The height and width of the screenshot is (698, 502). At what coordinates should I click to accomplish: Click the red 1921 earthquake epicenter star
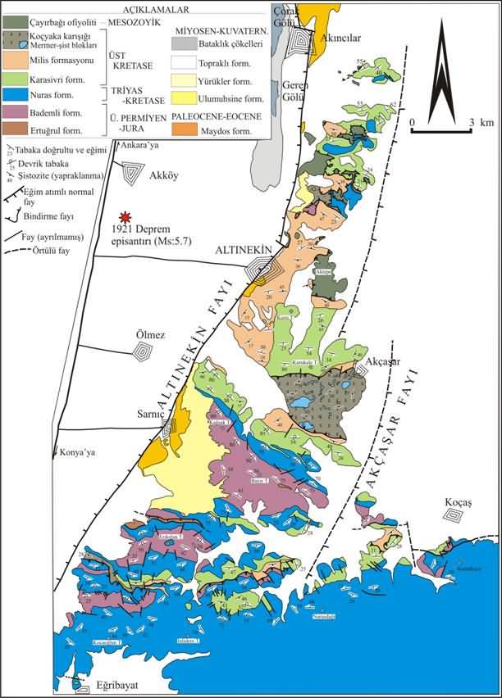125,217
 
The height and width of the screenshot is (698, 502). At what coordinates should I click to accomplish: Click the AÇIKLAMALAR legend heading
137,7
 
